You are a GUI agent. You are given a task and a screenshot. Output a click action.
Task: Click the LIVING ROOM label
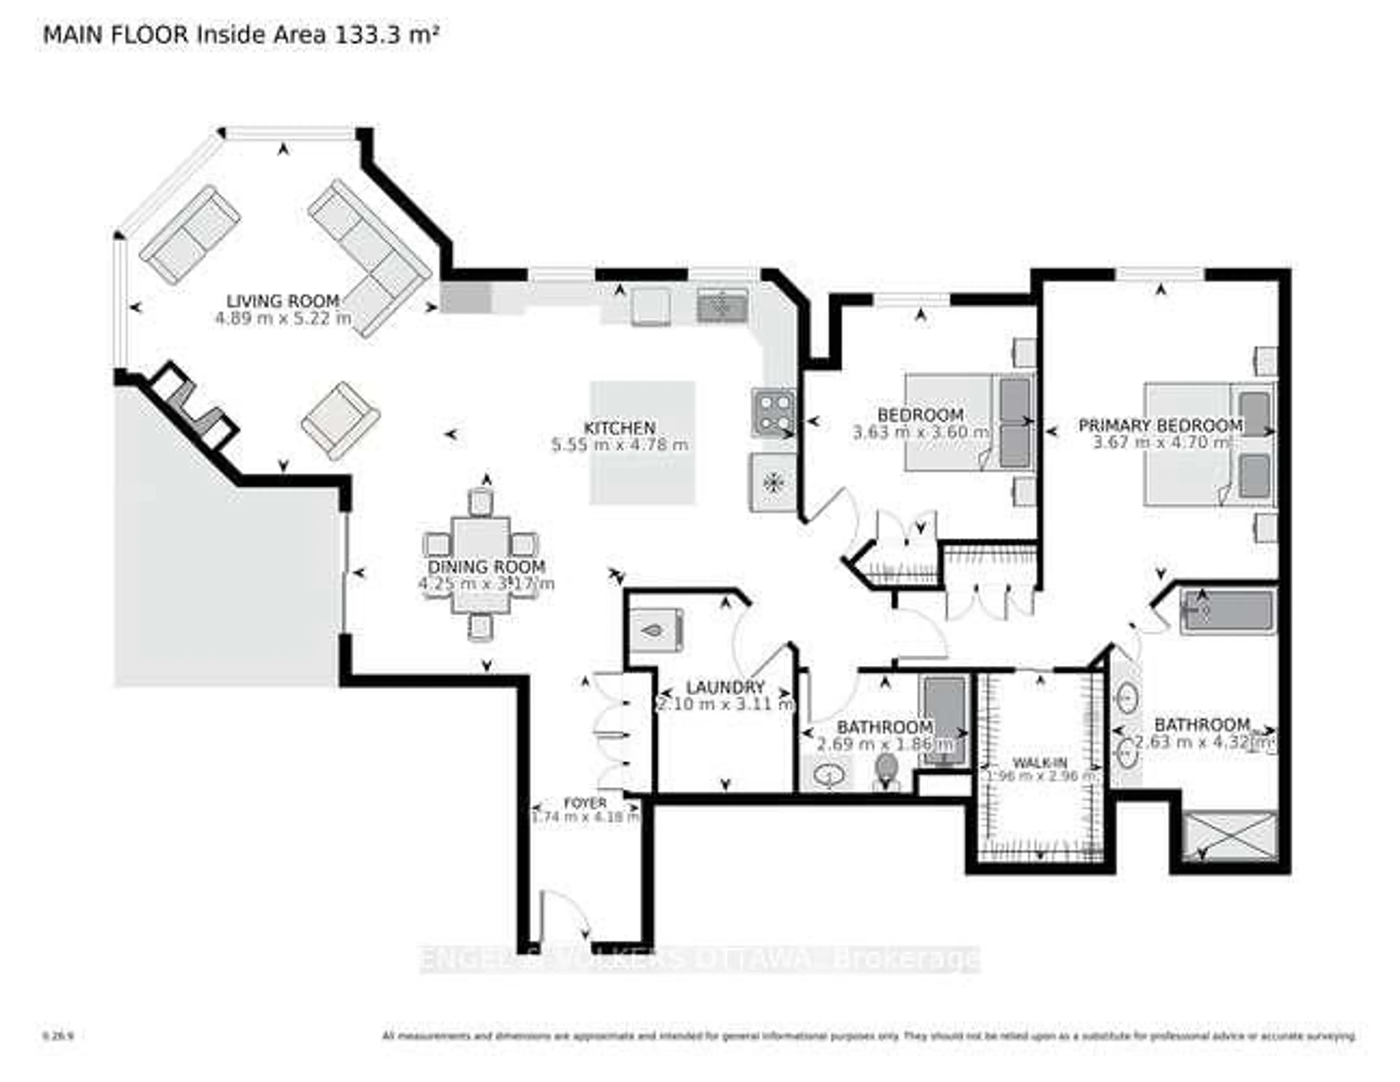pos(283,301)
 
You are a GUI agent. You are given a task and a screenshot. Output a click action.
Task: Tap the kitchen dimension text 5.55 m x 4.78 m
pos(620,444)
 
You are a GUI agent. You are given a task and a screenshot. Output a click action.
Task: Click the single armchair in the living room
pos(341,420)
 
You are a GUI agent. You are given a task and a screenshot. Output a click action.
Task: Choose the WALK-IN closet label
pos(1040,763)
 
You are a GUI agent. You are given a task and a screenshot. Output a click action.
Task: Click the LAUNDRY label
pos(725,687)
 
